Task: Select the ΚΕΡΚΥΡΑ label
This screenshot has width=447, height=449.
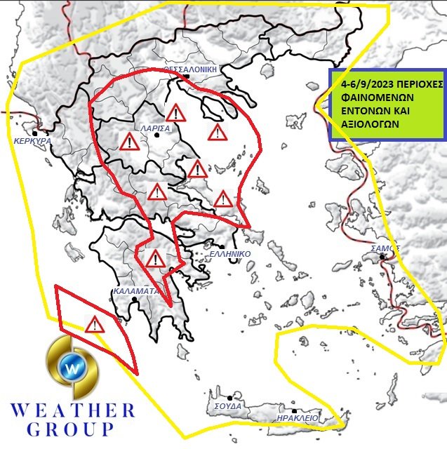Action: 32,140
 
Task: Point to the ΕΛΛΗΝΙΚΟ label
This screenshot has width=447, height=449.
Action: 230,255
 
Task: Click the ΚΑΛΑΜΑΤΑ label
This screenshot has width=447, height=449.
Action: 136,290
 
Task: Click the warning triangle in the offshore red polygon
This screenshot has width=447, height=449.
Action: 93,324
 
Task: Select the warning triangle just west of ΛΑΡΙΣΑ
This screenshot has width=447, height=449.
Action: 129,142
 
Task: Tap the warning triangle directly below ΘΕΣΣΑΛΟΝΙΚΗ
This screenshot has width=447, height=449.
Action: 175,112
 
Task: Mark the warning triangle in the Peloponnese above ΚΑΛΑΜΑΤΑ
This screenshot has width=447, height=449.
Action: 155,259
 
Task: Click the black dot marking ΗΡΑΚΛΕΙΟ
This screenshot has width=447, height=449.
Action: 295,410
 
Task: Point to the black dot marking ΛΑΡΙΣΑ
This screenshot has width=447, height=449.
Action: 157,135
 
